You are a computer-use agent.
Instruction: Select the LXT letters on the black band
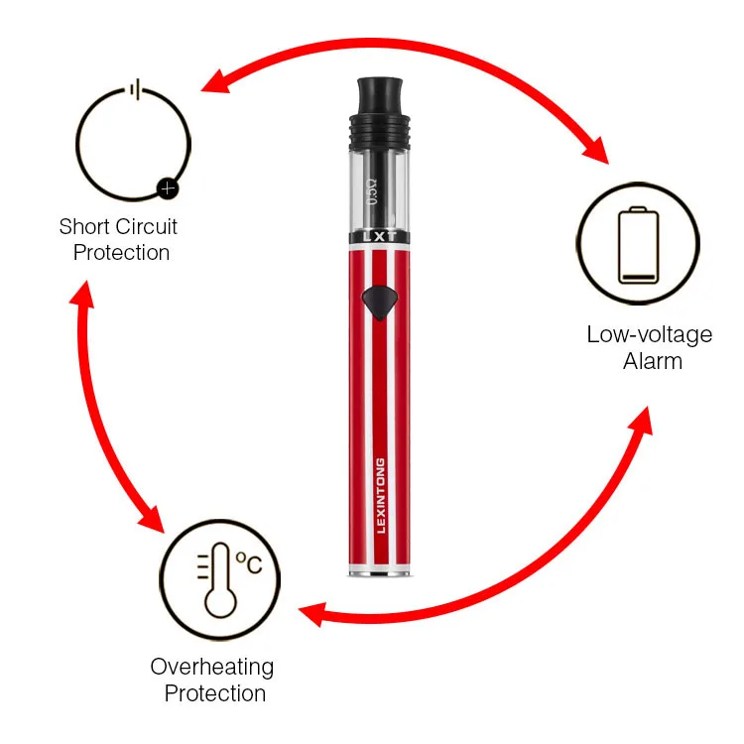(380, 238)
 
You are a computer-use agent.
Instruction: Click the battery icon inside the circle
(638, 245)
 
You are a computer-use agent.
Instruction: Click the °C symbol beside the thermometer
(248, 563)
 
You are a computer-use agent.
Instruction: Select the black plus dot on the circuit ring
(168, 185)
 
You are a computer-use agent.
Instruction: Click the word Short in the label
(82, 227)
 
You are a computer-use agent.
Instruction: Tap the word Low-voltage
(649, 334)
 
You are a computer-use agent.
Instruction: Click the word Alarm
(653, 360)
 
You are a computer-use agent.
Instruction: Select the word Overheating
(211, 667)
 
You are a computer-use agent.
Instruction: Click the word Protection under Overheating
(215, 692)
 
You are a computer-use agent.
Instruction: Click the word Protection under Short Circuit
(121, 252)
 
